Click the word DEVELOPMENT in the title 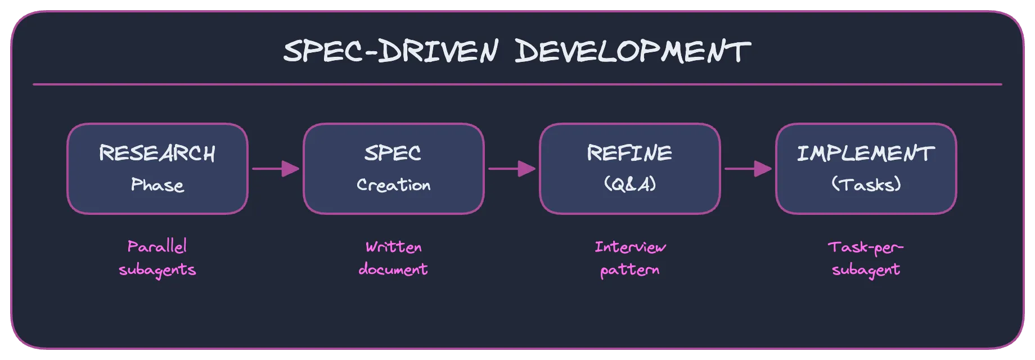[x=632, y=52]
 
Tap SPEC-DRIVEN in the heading [x=390, y=52]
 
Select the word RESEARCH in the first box [x=157, y=154]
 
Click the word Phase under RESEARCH [x=157, y=185]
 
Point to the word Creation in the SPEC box [x=394, y=185]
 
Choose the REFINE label [x=629, y=153]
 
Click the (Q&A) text [x=629, y=184]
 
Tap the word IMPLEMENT [x=866, y=154]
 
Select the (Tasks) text [x=866, y=184]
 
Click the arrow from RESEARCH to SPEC [x=276, y=168]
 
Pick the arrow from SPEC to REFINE [x=512, y=168]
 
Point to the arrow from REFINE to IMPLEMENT [x=748, y=168]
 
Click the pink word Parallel [x=157, y=247]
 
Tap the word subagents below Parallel [x=157, y=270]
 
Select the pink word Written [x=394, y=247]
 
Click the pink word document [x=393, y=269]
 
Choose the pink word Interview [x=630, y=247]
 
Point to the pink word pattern [x=629, y=270]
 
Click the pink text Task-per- [x=866, y=247]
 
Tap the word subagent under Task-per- [x=866, y=270]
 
